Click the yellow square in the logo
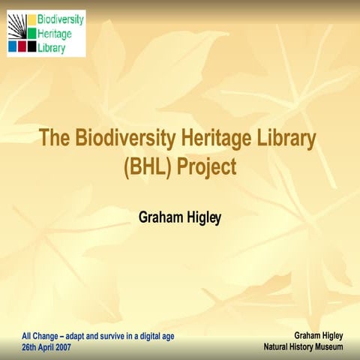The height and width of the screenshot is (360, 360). [32, 19]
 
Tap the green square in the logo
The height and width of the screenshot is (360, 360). [32, 33]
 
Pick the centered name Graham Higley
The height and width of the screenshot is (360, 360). [180, 217]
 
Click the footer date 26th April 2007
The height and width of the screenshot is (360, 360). [46, 348]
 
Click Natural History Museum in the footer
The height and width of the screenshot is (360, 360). [303, 348]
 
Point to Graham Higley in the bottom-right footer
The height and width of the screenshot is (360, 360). [318, 336]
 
